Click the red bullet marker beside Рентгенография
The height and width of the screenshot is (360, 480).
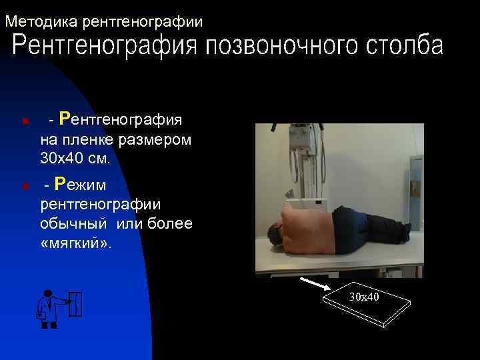click(x=23, y=122)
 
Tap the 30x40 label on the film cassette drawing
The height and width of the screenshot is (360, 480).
click(x=364, y=296)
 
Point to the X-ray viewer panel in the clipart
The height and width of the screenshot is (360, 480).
click(x=78, y=305)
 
